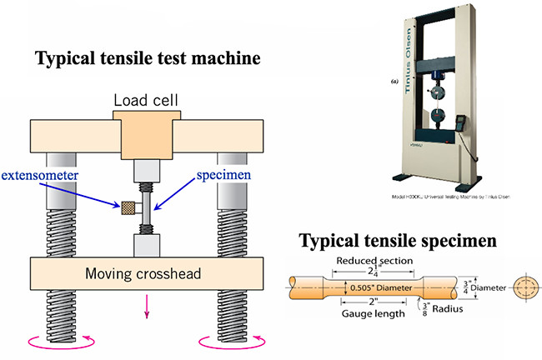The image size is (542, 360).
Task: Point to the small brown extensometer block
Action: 129,207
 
